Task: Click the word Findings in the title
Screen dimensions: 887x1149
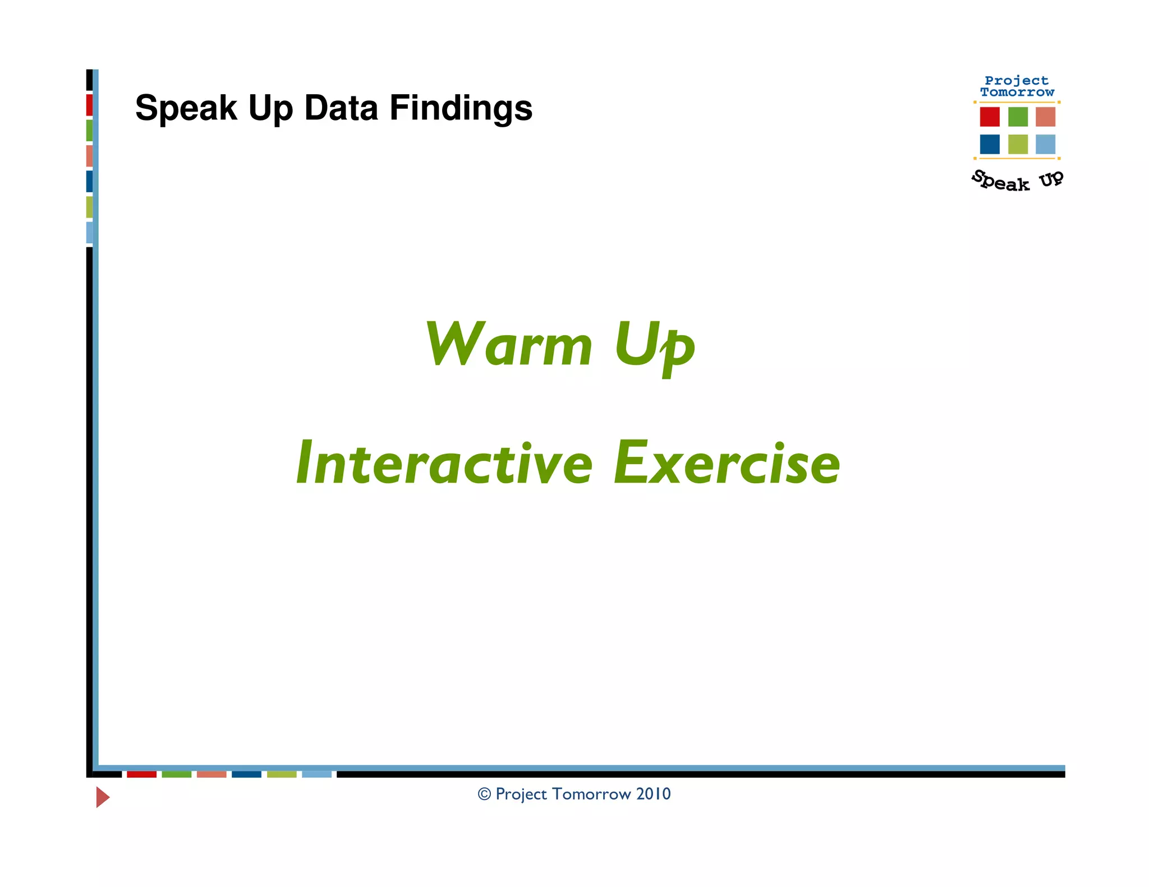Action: click(x=461, y=108)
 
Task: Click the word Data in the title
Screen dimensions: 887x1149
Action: click(x=341, y=108)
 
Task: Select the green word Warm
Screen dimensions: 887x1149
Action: click(x=508, y=345)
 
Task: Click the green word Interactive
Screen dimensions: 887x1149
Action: click(x=444, y=464)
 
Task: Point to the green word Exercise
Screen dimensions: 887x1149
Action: click(x=727, y=464)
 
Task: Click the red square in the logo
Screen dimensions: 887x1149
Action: click(x=990, y=117)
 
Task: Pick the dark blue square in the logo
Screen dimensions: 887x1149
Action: click(x=990, y=144)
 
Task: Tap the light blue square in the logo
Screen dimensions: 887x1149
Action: click(x=1045, y=144)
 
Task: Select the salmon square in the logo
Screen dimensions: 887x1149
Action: click(x=1045, y=117)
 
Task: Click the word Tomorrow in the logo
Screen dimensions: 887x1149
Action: click(x=1017, y=93)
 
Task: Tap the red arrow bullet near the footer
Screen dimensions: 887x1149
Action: click(x=102, y=797)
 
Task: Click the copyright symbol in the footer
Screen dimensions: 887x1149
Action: click(x=484, y=794)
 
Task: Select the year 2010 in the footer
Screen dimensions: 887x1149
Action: click(x=653, y=794)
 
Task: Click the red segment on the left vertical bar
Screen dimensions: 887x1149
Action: click(x=89, y=105)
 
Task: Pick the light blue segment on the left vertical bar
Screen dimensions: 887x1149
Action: click(x=89, y=232)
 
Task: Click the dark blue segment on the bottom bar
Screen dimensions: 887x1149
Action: click(x=246, y=774)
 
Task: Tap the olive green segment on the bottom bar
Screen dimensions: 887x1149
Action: click(x=282, y=774)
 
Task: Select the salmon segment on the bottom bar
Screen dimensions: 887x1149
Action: click(x=212, y=774)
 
